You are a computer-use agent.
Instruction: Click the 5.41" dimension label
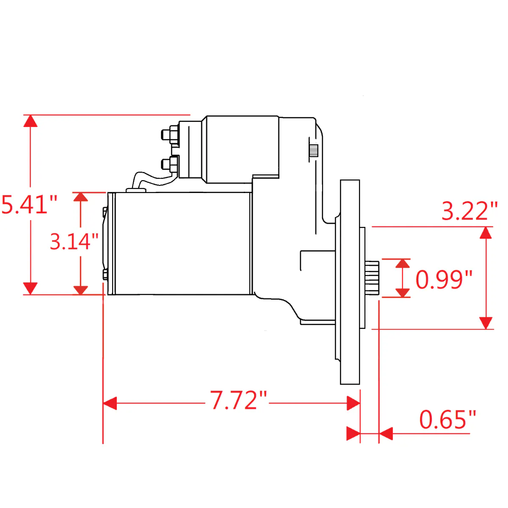29,204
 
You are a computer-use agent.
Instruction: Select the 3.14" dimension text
74,241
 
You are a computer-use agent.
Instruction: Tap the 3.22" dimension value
470,211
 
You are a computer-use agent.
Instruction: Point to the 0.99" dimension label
444,279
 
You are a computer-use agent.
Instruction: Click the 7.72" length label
238,400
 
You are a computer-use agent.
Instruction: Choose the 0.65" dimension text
447,420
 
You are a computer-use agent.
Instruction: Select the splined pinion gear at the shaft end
372,278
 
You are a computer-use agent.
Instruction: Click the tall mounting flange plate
350,282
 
